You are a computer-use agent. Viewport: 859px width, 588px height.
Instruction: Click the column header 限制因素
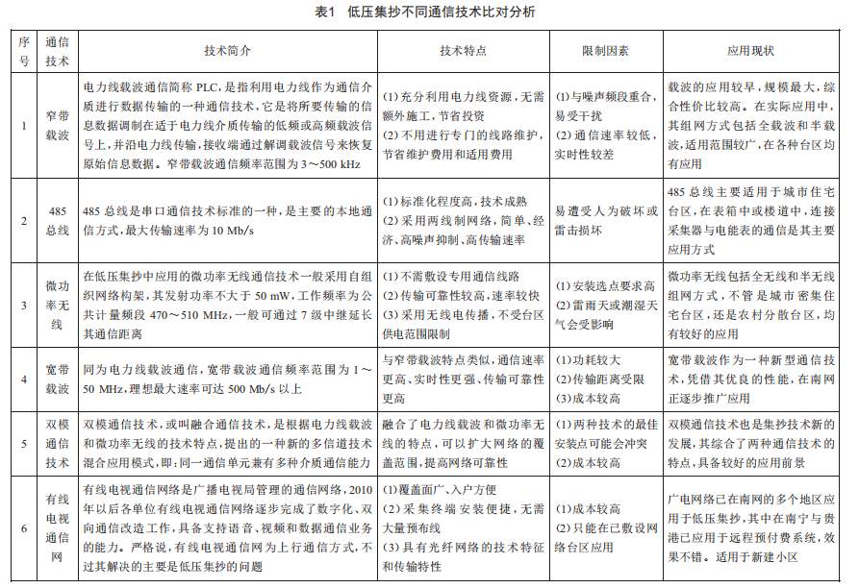(x=605, y=48)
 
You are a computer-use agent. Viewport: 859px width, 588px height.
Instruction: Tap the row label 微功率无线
(x=57, y=303)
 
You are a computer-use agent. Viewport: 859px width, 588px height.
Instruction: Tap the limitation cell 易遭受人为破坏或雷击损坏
(x=605, y=219)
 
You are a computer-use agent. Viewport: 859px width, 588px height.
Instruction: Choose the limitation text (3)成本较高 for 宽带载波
(x=593, y=394)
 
